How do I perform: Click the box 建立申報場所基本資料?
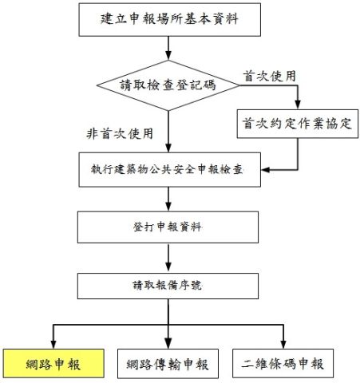pyautogui.click(x=169, y=20)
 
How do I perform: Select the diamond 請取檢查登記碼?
pyautogui.click(x=168, y=85)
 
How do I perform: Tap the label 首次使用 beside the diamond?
pyautogui.click(x=269, y=77)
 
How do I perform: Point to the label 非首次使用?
pyautogui.click(x=120, y=133)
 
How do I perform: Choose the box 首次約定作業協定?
pyautogui.click(x=298, y=124)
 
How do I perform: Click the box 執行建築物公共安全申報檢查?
pyautogui.click(x=169, y=170)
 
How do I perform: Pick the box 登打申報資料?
pyautogui.click(x=168, y=227)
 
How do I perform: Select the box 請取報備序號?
pyautogui.click(x=168, y=286)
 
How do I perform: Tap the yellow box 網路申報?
pyautogui.click(x=53, y=363)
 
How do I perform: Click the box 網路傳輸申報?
pyautogui.click(x=168, y=364)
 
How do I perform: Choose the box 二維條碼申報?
pyautogui.click(x=283, y=363)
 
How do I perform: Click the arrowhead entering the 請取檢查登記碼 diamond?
pyautogui.click(x=168, y=55)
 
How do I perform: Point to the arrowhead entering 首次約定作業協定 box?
pyautogui.click(x=298, y=105)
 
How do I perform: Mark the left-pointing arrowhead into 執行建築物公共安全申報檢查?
pyautogui.click(x=266, y=170)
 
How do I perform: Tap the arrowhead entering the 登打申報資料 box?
pyautogui.click(x=168, y=207)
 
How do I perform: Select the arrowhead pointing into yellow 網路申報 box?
pyautogui.click(x=53, y=344)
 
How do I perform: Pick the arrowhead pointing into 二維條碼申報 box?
pyautogui.click(x=283, y=344)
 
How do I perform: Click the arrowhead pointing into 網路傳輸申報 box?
pyautogui.click(x=168, y=344)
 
